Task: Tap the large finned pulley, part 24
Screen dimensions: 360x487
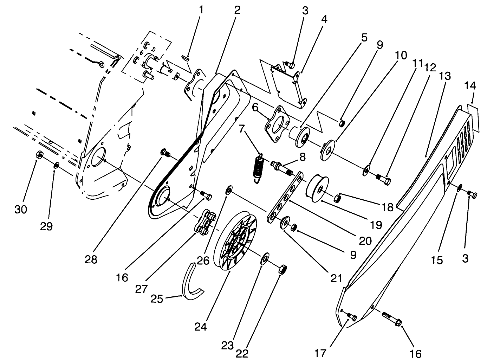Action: coord(235,240)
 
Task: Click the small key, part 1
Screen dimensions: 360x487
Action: coord(186,58)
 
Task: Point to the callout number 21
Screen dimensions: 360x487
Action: coord(336,278)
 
